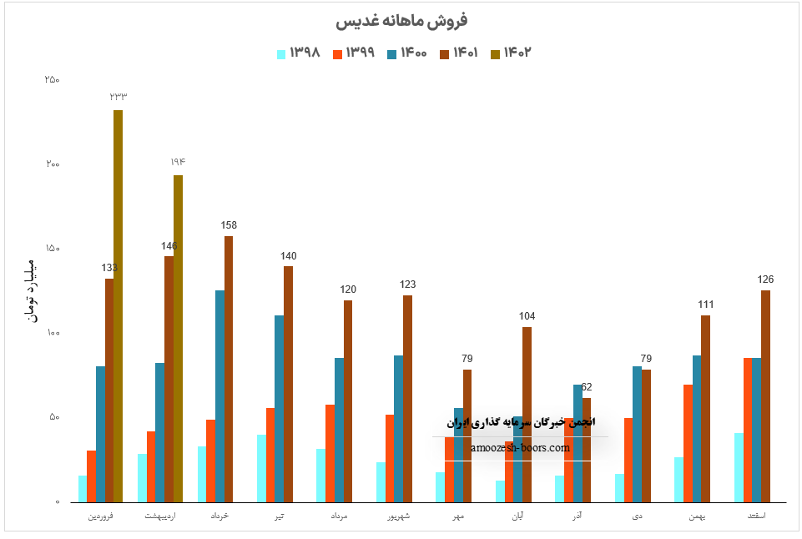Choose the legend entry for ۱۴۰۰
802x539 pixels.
tap(406, 53)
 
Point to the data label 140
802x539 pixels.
tap(288, 256)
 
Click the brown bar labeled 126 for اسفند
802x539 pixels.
tap(765, 396)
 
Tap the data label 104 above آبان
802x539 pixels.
tap(527, 316)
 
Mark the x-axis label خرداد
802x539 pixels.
tap(219, 516)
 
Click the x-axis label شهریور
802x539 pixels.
tap(397, 516)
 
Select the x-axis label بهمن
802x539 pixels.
tap(696, 516)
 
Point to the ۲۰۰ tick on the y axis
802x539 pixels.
tap(53, 164)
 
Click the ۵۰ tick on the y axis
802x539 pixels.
tap(54, 417)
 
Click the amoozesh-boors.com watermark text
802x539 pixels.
tap(520, 447)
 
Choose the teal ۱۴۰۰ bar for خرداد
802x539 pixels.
tap(219, 396)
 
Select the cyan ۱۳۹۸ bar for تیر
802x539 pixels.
tap(261, 468)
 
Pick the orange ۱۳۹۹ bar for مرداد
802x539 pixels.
tap(330, 453)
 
